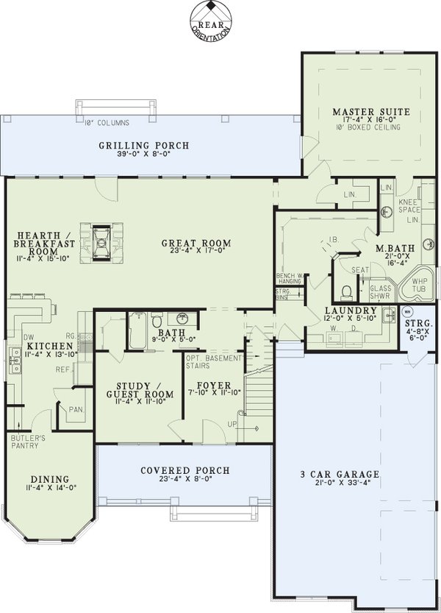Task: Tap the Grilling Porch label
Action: point(144,146)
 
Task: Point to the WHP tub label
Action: point(419,286)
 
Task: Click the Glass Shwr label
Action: point(381,292)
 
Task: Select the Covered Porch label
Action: point(184,470)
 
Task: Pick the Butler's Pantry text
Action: point(27,442)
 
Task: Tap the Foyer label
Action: point(214,386)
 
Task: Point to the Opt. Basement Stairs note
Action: point(215,361)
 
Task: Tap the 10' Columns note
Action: point(106,122)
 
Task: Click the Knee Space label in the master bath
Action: point(409,205)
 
